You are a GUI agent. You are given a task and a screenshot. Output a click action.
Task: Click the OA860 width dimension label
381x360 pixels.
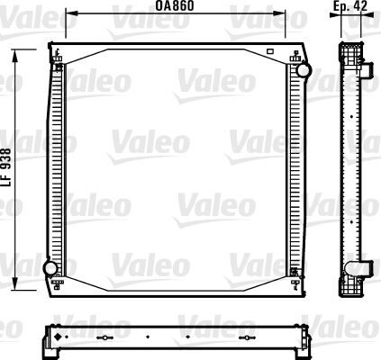(177, 5)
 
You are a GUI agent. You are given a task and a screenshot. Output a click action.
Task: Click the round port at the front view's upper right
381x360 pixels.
(303, 69)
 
